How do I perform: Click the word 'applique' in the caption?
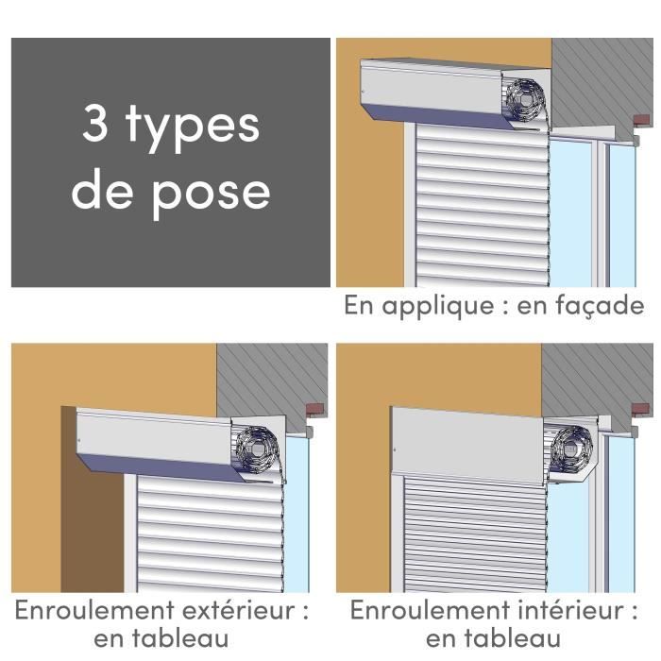pyautogui.click(x=447, y=305)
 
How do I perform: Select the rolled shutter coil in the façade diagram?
pyautogui.click(x=522, y=97)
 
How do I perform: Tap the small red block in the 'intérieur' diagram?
pyautogui.click(x=639, y=413)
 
